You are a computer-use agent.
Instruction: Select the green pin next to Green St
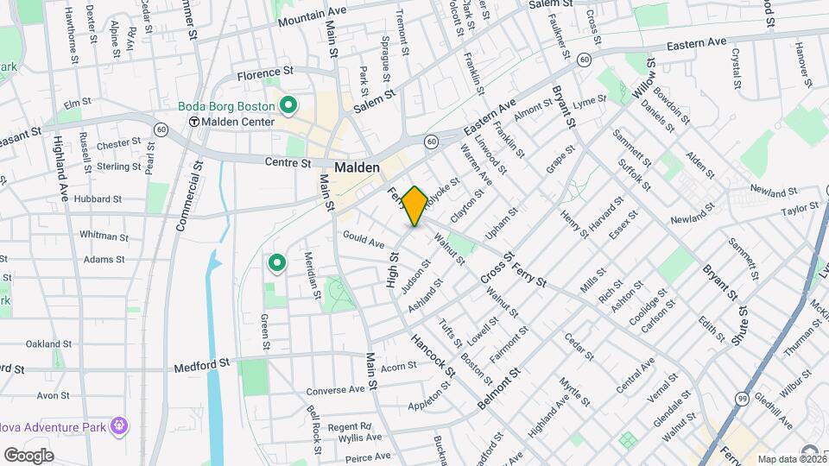276,261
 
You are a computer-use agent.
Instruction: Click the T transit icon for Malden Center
194,122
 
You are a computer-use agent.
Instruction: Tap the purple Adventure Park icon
119,425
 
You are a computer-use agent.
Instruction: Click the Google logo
28,455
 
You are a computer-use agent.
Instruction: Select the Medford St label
203,364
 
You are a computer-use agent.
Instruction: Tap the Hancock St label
433,355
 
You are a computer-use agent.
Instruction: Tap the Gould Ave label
363,239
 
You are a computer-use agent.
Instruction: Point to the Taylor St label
799,209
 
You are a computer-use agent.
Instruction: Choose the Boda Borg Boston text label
225,106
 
